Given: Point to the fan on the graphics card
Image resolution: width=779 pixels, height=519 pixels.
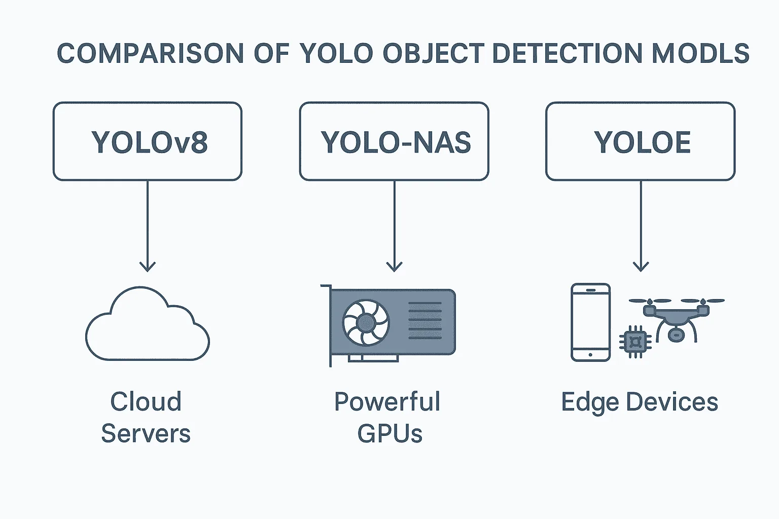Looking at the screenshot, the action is tap(366, 322).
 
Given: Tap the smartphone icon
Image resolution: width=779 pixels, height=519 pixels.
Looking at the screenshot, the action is tap(590, 322).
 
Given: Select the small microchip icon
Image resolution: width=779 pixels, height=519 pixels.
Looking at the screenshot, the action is tap(635, 342).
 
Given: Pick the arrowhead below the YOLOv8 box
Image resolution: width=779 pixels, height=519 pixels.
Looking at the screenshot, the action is tap(148, 267).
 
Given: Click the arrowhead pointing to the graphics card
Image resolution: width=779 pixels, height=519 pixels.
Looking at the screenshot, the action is tap(395, 267).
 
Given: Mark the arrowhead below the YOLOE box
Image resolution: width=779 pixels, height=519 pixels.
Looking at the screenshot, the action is tap(641, 267).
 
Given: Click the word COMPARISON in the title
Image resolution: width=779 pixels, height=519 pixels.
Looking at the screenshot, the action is tap(150, 54).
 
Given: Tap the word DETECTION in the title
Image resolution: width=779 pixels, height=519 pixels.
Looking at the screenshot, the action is tap(567, 54).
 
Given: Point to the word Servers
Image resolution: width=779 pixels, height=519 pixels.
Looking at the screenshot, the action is tap(146, 433).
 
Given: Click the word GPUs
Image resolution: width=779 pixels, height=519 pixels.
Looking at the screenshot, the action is tap(390, 433).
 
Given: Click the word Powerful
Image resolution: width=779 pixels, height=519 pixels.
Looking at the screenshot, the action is tap(387, 401).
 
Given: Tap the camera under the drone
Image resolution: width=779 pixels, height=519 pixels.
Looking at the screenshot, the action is tap(676, 335).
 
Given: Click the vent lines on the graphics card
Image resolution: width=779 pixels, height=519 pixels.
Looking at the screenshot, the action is tap(425, 320).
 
